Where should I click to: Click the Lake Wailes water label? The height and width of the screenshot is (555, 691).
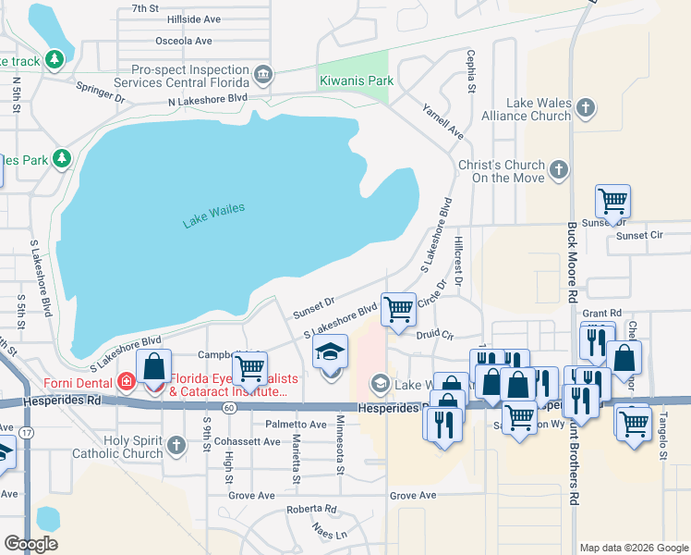pyautogui.click(x=213, y=215)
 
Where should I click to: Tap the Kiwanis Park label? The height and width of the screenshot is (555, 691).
pyautogui.click(x=356, y=80)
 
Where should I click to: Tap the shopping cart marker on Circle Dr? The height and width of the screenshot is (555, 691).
pyautogui.click(x=398, y=310)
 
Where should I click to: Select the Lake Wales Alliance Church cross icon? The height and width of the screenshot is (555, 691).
pyautogui.click(x=584, y=109)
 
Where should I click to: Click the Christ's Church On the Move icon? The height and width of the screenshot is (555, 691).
pyautogui.click(x=558, y=170)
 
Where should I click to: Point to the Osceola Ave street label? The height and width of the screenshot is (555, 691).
pyautogui.click(x=183, y=41)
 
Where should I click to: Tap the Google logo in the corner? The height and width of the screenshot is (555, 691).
pyautogui.click(x=31, y=544)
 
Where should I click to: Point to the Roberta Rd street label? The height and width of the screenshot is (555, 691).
pyautogui.click(x=311, y=509)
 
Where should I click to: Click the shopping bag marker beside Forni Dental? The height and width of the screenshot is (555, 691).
pyautogui.click(x=153, y=366)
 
